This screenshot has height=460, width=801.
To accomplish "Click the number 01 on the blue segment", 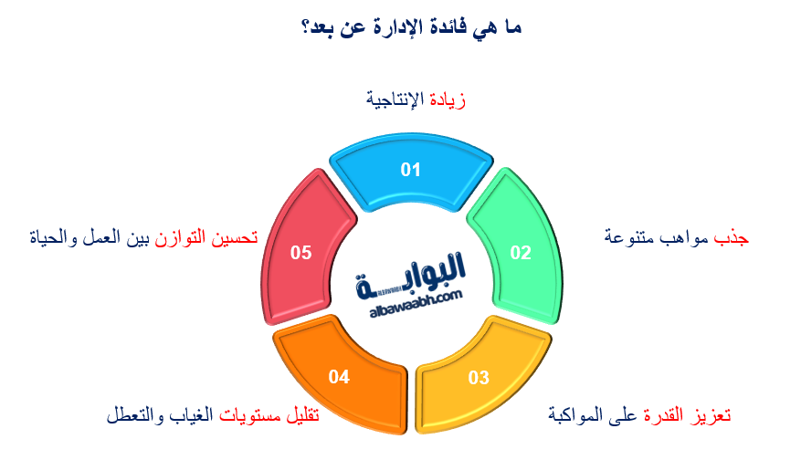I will [410, 170].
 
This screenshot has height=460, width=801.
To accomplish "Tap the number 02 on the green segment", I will [520, 253].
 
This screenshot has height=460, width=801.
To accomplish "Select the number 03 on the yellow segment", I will [479, 378].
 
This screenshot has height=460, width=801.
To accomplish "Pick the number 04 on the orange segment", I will [339, 376].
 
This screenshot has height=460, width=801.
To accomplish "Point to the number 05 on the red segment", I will [301, 253].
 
